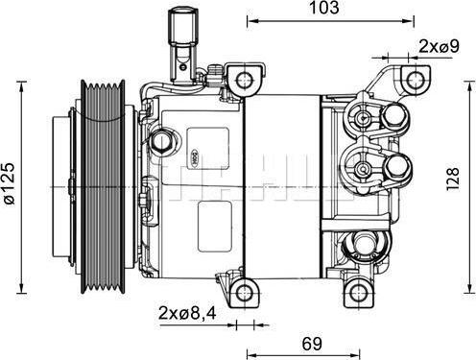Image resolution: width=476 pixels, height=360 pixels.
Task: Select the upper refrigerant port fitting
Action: (x=366, y=118)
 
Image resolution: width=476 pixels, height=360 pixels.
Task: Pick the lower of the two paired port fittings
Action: (x=366, y=168)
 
